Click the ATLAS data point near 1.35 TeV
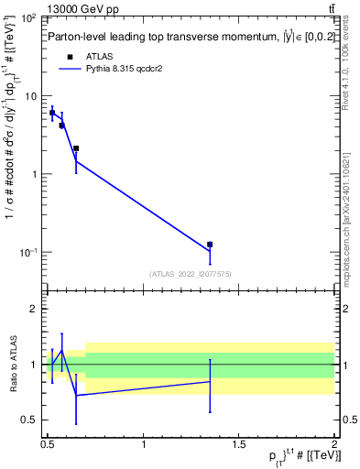click(210, 245)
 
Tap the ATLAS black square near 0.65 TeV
click(76, 148)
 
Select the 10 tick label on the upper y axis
click(30, 96)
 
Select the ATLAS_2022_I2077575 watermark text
click(189, 273)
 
